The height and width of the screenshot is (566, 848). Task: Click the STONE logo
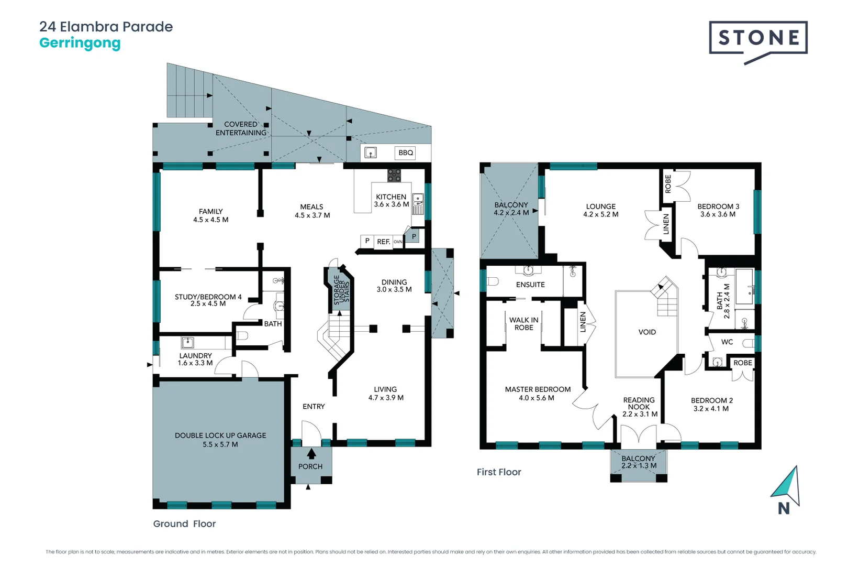[758, 38]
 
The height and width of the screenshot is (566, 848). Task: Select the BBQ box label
[405, 153]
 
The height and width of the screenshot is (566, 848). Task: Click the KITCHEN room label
[391, 197]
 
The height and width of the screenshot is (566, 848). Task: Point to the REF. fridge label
[384, 242]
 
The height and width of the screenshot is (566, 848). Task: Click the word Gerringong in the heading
[80, 43]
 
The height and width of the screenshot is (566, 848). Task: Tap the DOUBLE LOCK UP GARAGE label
[220, 436]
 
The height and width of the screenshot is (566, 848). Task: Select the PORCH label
[310, 466]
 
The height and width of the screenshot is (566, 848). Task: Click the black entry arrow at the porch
[311, 453]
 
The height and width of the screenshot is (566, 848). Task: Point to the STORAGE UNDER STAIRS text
[341, 290]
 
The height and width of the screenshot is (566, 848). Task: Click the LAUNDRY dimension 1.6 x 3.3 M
[195, 363]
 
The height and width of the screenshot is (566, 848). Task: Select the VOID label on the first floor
[647, 332]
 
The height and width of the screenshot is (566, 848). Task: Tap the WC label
[727, 342]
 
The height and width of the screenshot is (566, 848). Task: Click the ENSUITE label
[530, 285]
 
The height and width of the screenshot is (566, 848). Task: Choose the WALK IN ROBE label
[523, 324]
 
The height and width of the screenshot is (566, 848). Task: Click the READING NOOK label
[639, 404]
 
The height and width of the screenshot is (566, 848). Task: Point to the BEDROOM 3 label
[718, 206]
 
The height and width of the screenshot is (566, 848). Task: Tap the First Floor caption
[499, 472]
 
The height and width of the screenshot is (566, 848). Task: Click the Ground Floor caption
[184, 524]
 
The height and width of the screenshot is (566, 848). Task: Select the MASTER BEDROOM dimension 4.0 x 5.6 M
[537, 398]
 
